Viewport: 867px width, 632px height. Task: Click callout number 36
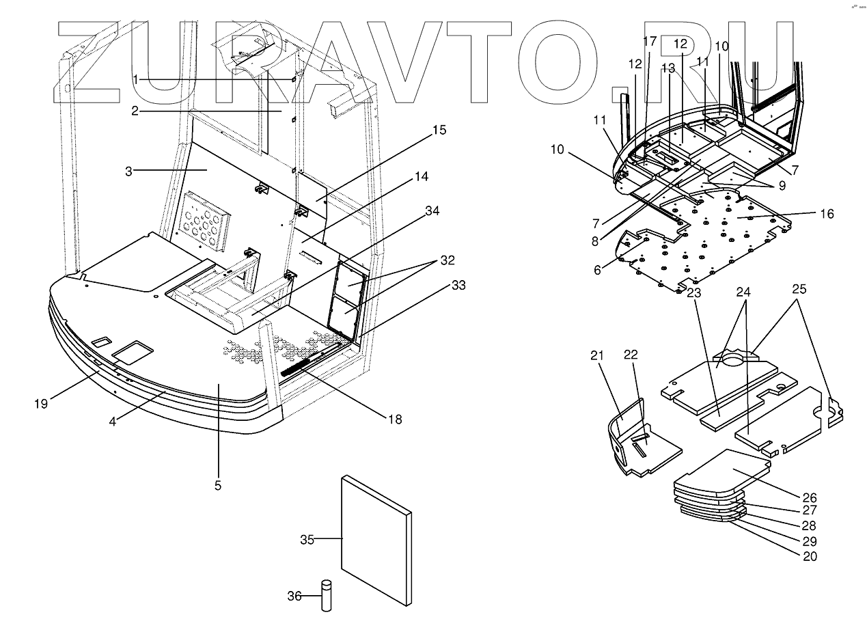[x=294, y=596]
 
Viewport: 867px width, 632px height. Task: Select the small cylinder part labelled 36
[x=326, y=596]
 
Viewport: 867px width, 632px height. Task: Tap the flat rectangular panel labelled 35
[x=374, y=540]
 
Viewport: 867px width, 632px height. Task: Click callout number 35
[x=307, y=540]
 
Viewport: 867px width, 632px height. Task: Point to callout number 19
[x=41, y=403]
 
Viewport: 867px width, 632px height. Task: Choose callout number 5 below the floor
[x=218, y=486]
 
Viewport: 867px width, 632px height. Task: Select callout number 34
[x=432, y=211]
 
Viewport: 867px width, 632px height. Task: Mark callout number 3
[x=128, y=171]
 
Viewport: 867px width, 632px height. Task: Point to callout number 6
[x=597, y=270]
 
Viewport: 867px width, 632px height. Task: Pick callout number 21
[x=598, y=356]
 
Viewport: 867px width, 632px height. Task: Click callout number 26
[x=810, y=497]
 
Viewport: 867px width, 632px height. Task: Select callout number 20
[x=810, y=556]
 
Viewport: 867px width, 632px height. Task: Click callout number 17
[x=649, y=42]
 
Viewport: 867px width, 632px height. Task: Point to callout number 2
[x=135, y=111]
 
